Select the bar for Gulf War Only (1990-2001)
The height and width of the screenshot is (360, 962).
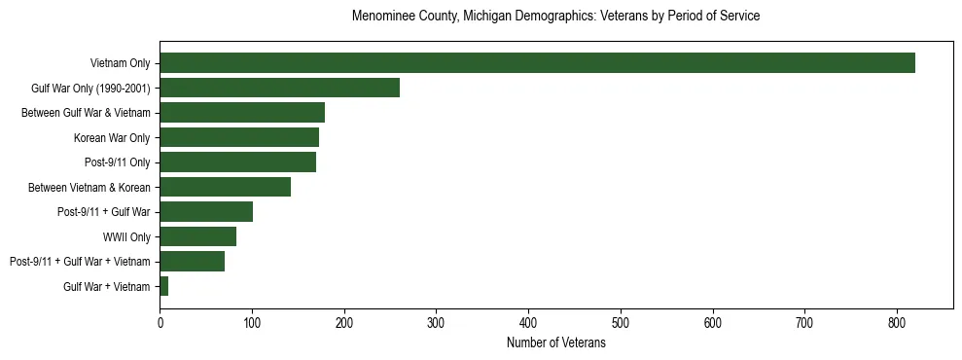click(280, 88)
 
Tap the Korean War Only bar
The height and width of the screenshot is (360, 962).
click(239, 137)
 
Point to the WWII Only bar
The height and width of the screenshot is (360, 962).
click(198, 236)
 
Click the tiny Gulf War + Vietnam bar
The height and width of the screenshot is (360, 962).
click(164, 286)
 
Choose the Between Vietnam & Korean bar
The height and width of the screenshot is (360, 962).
click(226, 187)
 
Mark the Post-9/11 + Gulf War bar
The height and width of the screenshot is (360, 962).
click(206, 211)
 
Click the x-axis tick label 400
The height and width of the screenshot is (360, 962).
click(529, 321)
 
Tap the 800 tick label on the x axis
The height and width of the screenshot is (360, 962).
click(804, 321)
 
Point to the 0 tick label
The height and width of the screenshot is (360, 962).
click(160, 321)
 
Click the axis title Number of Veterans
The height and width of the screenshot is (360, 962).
click(556, 343)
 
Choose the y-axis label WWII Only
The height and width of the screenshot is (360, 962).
click(126, 236)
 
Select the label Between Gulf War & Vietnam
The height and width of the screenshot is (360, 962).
click(86, 113)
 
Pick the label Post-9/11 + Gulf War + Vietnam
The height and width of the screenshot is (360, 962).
click(80, 262)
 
